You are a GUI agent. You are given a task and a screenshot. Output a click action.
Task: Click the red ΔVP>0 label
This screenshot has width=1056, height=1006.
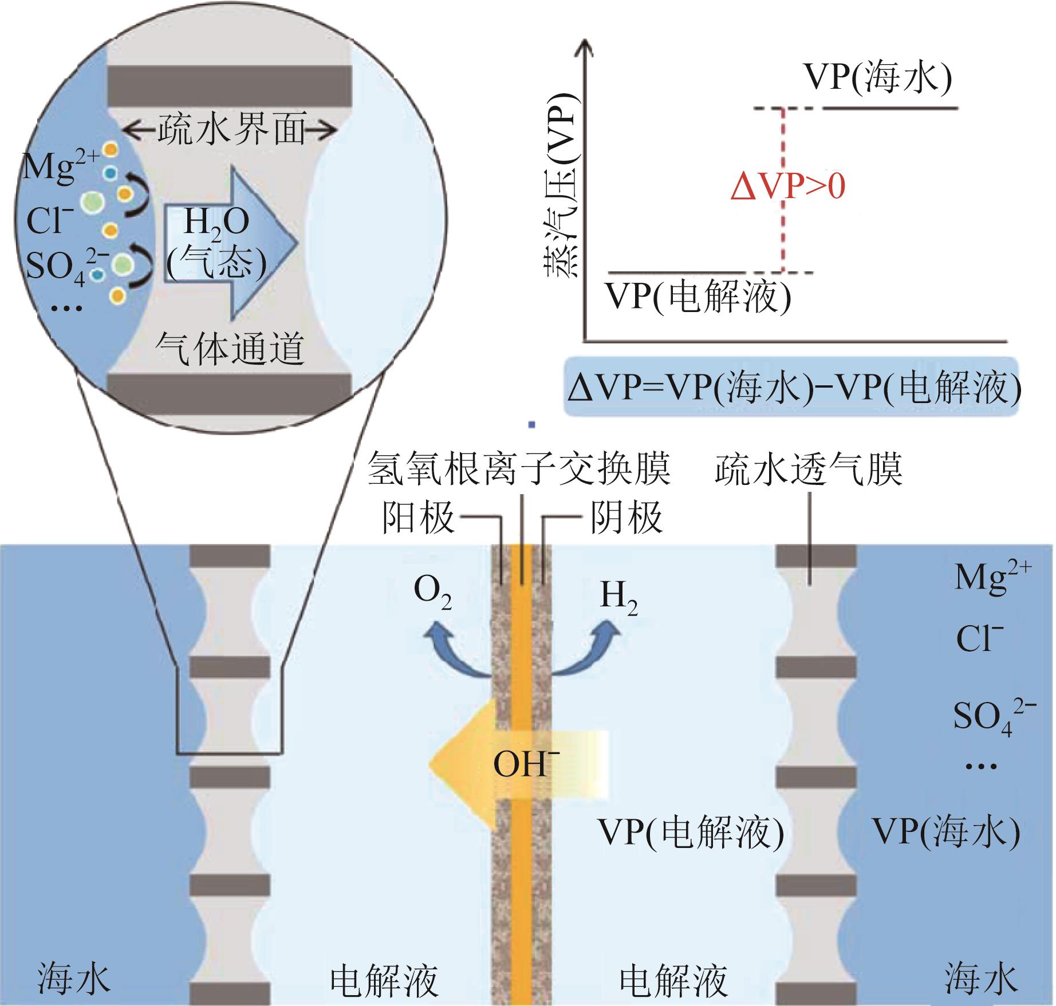point(787,188)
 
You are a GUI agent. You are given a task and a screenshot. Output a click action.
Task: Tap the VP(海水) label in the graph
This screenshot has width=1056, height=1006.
point(877,78)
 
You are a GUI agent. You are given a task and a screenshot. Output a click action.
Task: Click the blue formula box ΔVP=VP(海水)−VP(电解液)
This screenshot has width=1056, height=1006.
point(793,388)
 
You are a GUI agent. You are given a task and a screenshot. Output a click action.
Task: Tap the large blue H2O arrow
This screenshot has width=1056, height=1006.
point(229,243)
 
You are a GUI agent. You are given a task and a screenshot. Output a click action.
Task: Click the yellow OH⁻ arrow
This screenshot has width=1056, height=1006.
point(515,766)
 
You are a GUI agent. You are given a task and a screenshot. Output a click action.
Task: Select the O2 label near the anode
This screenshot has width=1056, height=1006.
point(433,595)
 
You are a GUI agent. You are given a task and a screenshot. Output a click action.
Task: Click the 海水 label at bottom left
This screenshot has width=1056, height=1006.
point(73,978)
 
